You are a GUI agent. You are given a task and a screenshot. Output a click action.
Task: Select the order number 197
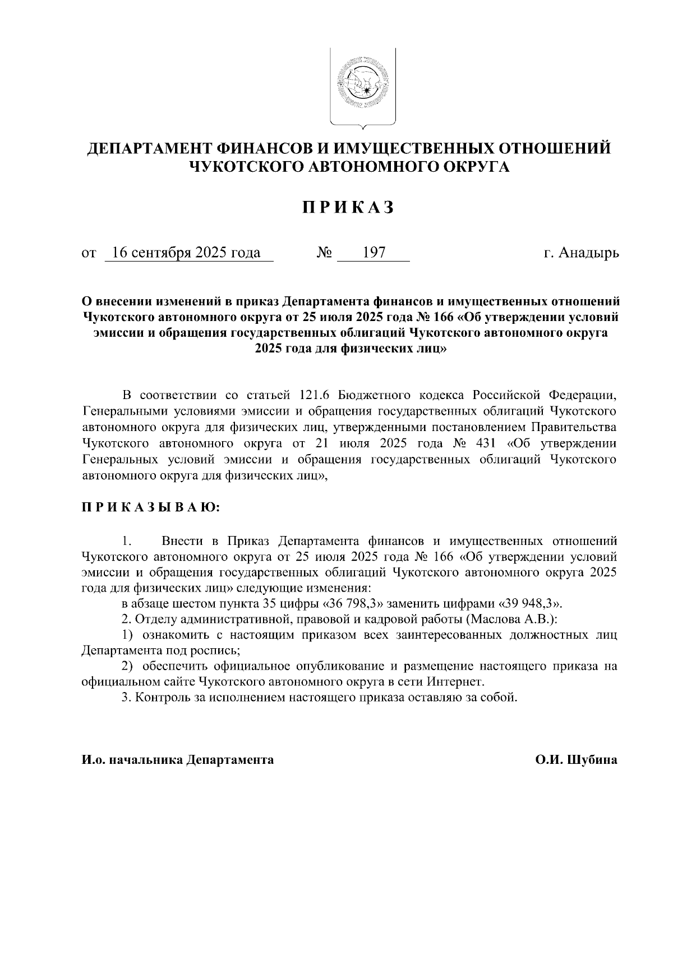(x=374, y=253)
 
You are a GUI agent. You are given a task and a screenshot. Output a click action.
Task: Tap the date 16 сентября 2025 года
(x=186, y=253)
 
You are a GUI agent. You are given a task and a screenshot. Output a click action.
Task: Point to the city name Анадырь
(x=591, y=253)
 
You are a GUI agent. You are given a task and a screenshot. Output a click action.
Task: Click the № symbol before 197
(x=325, y=253)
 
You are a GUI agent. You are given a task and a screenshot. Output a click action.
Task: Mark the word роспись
(x=218, y=651)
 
